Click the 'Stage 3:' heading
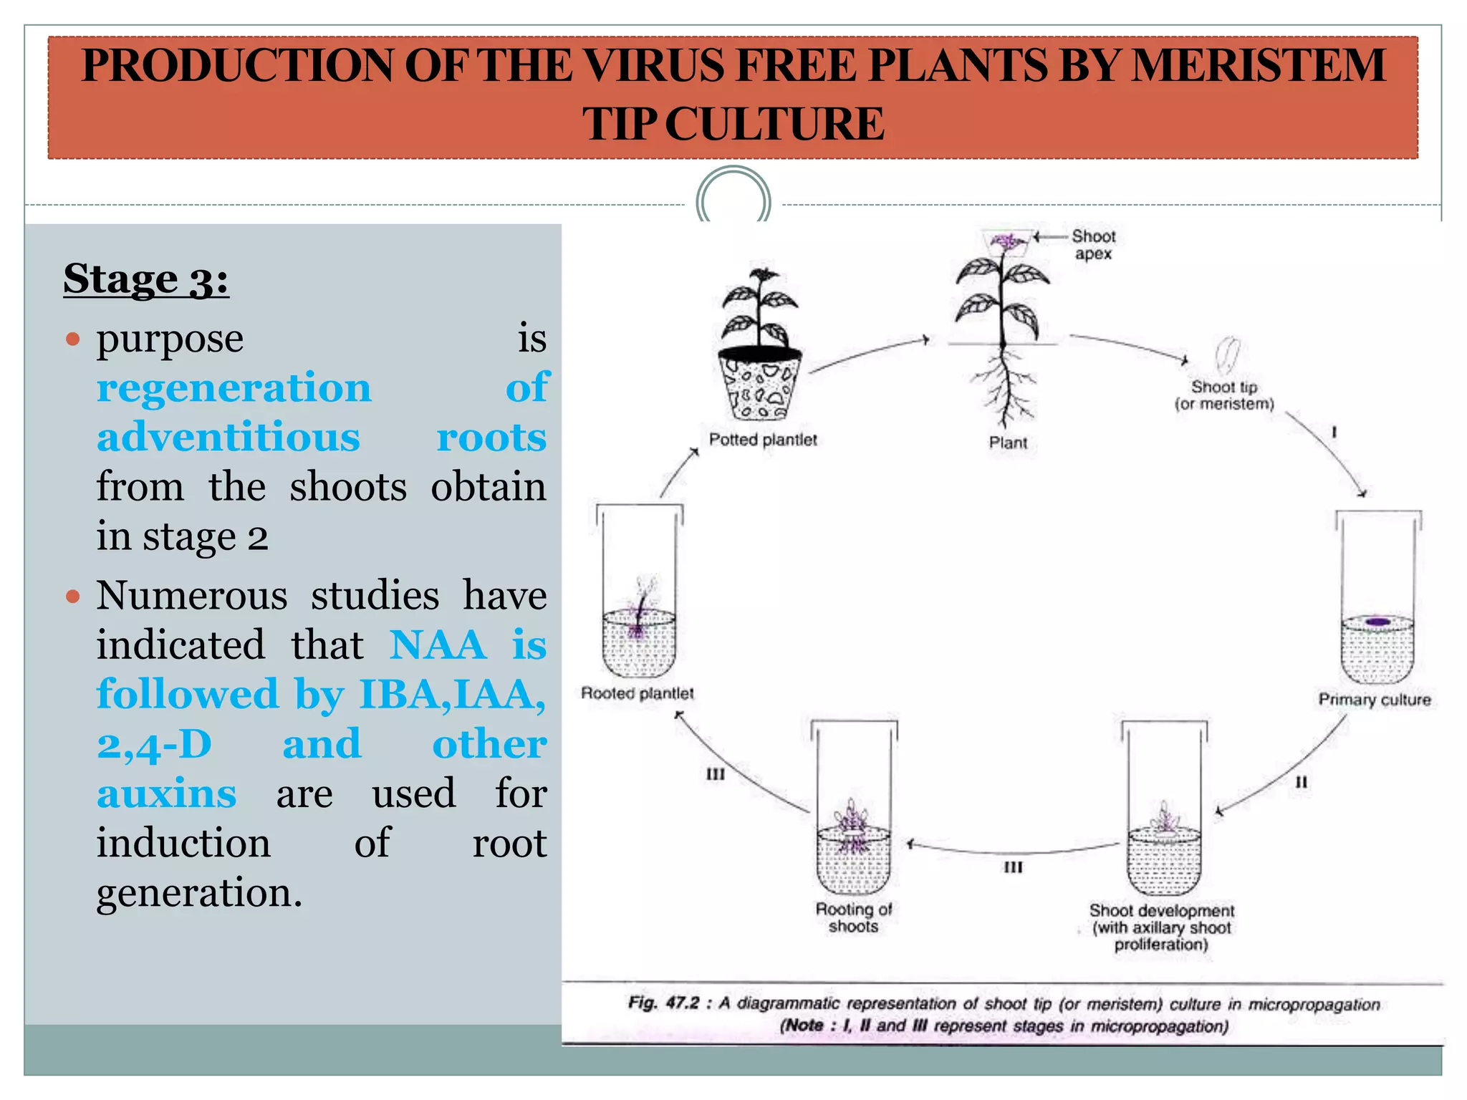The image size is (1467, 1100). coord(146,279)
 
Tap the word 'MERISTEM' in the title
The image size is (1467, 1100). coord(1258,65)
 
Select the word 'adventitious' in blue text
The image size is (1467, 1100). coord(229,437)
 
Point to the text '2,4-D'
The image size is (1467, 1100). coord(154,745)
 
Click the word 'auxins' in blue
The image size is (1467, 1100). coord(166,793)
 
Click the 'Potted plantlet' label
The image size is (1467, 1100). coord(763,440)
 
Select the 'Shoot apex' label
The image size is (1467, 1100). coord(1093,245)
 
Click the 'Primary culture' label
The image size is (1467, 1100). coord(1375,700)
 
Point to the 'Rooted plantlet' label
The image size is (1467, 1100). coord(637,693)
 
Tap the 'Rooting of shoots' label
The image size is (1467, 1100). coord(853,917)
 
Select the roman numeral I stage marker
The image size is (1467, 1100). coord(1334,433)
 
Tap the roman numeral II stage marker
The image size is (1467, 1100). coord(1302,782)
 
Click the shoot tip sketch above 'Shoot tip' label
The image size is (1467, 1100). coord(1228,355)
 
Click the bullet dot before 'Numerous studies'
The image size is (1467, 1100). coord(72,596)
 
